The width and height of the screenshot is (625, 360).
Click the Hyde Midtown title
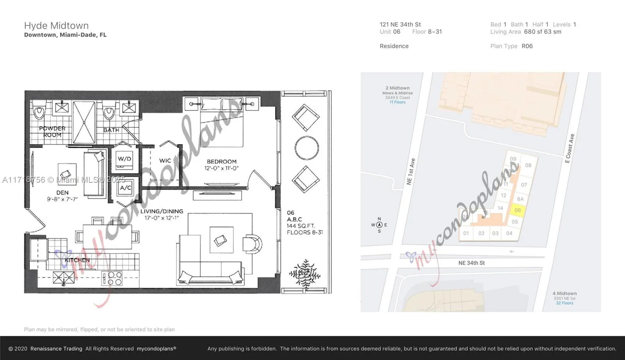(56, 26)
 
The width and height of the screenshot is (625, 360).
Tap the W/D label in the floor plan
(124, 159)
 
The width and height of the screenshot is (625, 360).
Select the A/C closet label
(125, 188)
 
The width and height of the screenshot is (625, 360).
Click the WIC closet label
(165, 160)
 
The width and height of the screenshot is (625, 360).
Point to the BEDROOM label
(221, 161)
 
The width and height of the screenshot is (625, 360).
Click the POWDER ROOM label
(52, 132)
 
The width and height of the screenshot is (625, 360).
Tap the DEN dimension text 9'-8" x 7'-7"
(62, 199)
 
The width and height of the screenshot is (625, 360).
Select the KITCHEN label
(77, 260)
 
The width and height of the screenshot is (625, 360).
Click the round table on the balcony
(307, 148)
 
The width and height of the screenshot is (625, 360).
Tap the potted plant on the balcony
(305, 273)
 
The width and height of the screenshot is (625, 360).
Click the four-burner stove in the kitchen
(112, 278)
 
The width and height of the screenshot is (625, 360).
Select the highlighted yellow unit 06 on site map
(518, 210)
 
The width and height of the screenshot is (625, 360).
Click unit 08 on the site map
(528, 165)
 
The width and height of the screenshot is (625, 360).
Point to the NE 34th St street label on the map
(471, 263)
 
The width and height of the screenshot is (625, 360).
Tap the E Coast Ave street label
(570, 148)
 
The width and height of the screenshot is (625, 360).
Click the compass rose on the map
(379, 225)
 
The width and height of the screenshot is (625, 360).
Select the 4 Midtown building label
(564, 293)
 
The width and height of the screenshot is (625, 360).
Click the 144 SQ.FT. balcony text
(300, 226)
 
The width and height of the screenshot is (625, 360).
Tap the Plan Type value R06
(527, 46)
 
